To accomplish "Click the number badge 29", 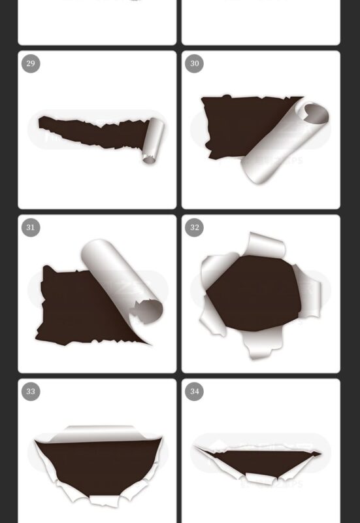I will [x=31, y=63].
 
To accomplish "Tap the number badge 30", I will [x=194, y=63].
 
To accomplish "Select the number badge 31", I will [x=31, y=228].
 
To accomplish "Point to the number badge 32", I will [x=194, y=228].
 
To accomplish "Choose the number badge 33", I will [x=31, y=392].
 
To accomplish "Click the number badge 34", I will [x=194, y=392].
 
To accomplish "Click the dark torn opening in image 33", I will [x=98, y=464].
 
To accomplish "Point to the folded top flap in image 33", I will [x=98, y=433].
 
